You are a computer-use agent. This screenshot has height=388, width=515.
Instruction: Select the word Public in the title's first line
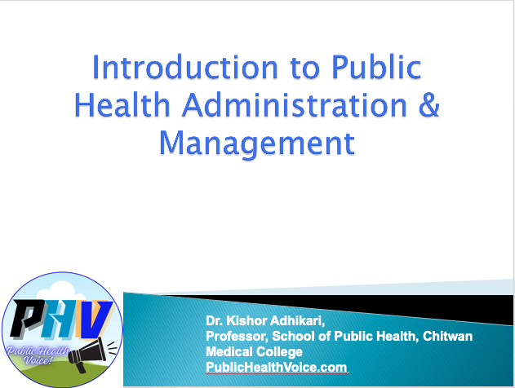coord(376,67)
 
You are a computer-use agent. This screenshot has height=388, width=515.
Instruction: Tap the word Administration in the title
coord(295,104)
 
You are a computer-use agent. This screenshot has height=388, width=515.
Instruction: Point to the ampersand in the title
coord(429,104)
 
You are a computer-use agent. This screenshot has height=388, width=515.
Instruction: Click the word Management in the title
coord(257,143)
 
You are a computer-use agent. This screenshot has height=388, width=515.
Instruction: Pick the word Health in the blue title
coord(122,104)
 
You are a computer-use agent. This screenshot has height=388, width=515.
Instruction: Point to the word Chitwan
coord(448,336)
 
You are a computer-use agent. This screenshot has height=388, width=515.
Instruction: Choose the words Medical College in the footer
coord(254,351)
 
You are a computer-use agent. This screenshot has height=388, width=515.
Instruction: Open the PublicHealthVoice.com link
coord(276,367)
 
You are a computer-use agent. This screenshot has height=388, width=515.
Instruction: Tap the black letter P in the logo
coord(27,319)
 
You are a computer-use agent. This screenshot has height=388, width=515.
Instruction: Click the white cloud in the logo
coord(59,291)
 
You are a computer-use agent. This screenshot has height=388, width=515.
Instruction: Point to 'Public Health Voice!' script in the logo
coord(38,355)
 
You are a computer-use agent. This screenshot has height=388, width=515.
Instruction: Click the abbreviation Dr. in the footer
coord(215,320)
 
